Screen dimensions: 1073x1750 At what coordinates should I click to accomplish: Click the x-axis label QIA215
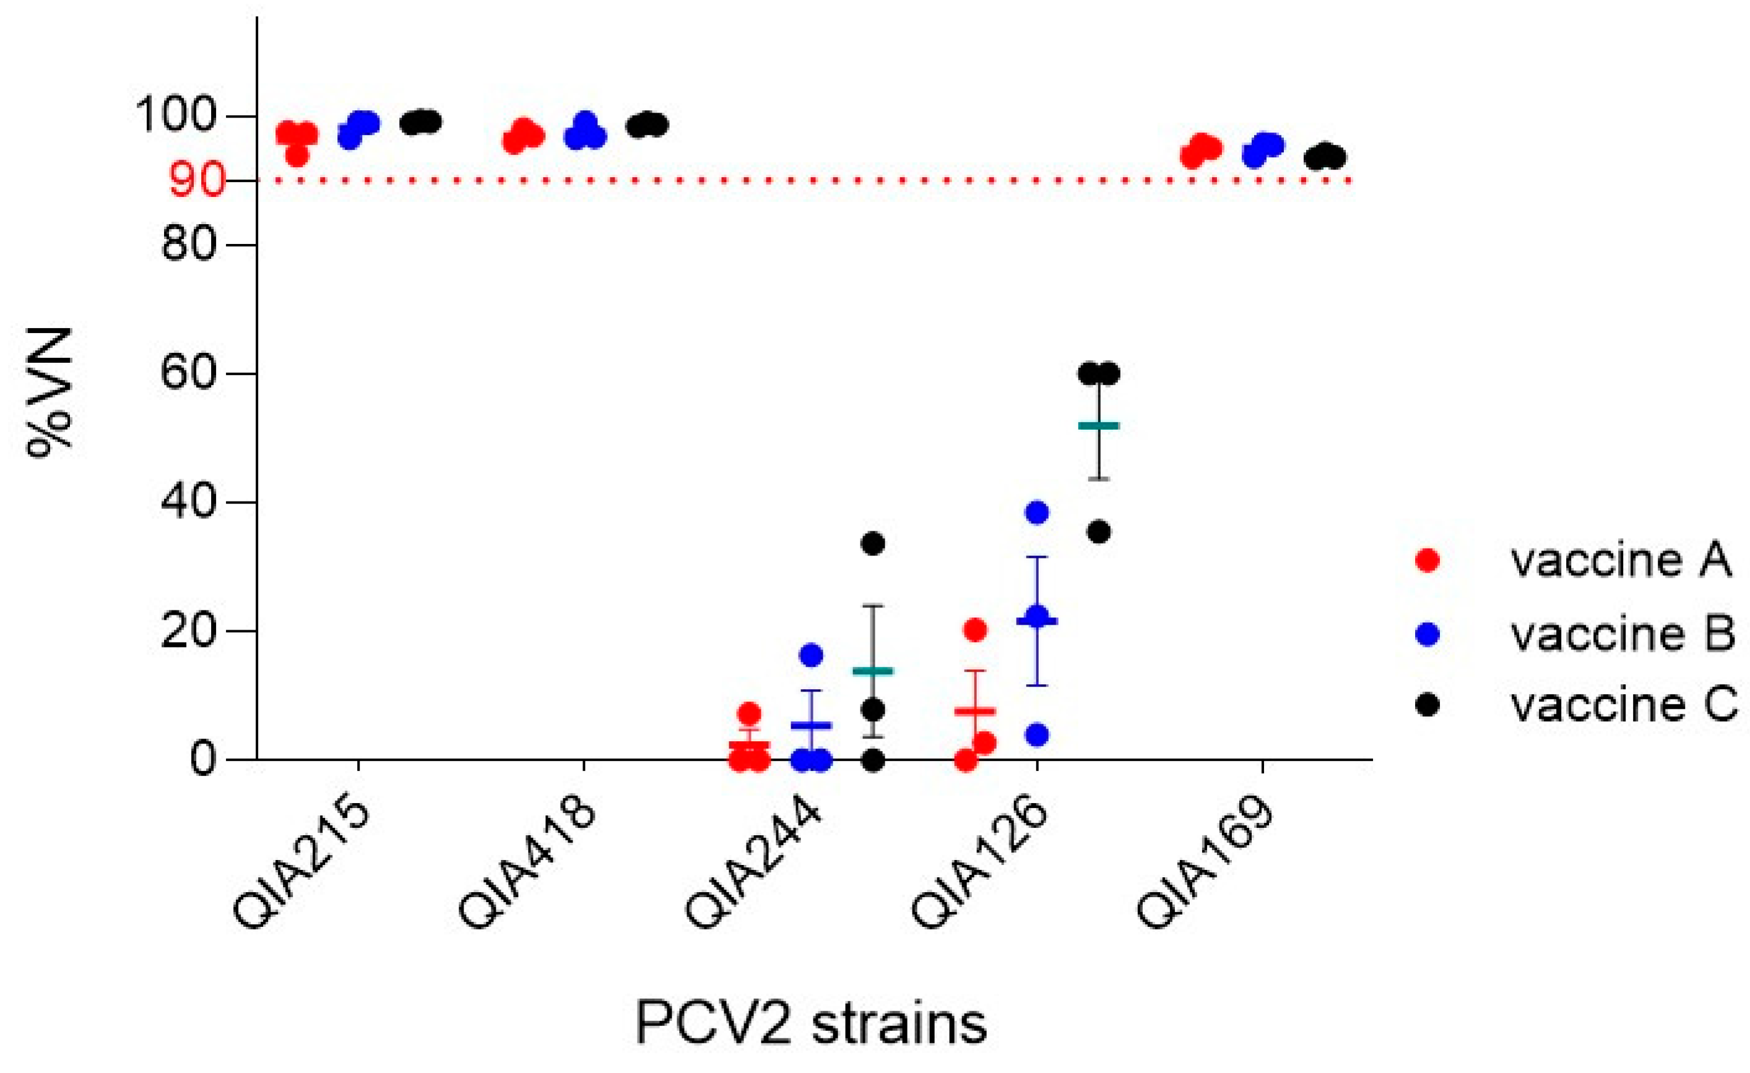click(302, 867)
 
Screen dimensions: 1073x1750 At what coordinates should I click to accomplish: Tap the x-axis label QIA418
click(527, 867)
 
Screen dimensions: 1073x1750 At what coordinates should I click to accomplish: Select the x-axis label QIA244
click(753, 867)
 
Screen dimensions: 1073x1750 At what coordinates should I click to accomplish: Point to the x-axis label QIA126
click(979, 867)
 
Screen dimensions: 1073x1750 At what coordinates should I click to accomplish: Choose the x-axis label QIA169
click(1205, 867)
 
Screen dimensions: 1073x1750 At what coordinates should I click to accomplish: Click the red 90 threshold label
click(198, 181)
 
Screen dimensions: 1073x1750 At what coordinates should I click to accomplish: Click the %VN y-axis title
click(51, 393)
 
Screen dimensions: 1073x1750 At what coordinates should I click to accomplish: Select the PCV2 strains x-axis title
click(811, 1023)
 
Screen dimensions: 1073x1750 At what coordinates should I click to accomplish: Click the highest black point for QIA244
click(873, 544)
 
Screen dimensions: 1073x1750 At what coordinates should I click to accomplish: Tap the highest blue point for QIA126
click(1037, 512)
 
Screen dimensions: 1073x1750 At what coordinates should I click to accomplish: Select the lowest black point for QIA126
click(1099, 533)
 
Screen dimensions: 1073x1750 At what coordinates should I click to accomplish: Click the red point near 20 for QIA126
click(976, 630)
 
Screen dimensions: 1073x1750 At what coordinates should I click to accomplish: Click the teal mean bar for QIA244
click(873, 671)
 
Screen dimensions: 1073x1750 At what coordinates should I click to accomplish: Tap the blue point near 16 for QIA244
click(811, 655)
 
